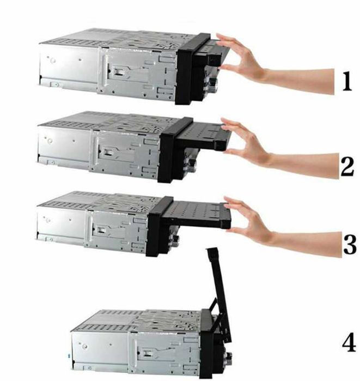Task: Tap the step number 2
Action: coord(347,166)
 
